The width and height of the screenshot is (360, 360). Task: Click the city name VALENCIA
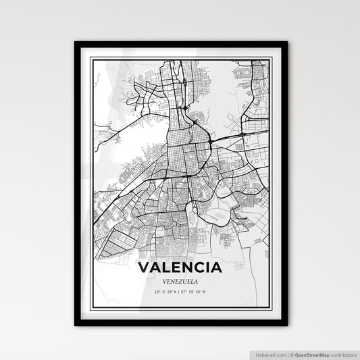[x=180, y=267]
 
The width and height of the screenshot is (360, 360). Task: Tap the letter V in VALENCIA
[x=144, y=267]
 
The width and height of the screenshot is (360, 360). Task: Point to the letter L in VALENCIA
[x=166, y=267]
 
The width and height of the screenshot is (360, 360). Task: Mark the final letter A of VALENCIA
[x=216, y=267]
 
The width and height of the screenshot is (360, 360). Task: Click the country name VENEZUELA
[x=180, y=280]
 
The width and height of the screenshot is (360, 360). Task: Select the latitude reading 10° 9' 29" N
[x=166, y=292]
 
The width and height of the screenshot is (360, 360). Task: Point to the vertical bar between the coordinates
[x=180, y=292]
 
